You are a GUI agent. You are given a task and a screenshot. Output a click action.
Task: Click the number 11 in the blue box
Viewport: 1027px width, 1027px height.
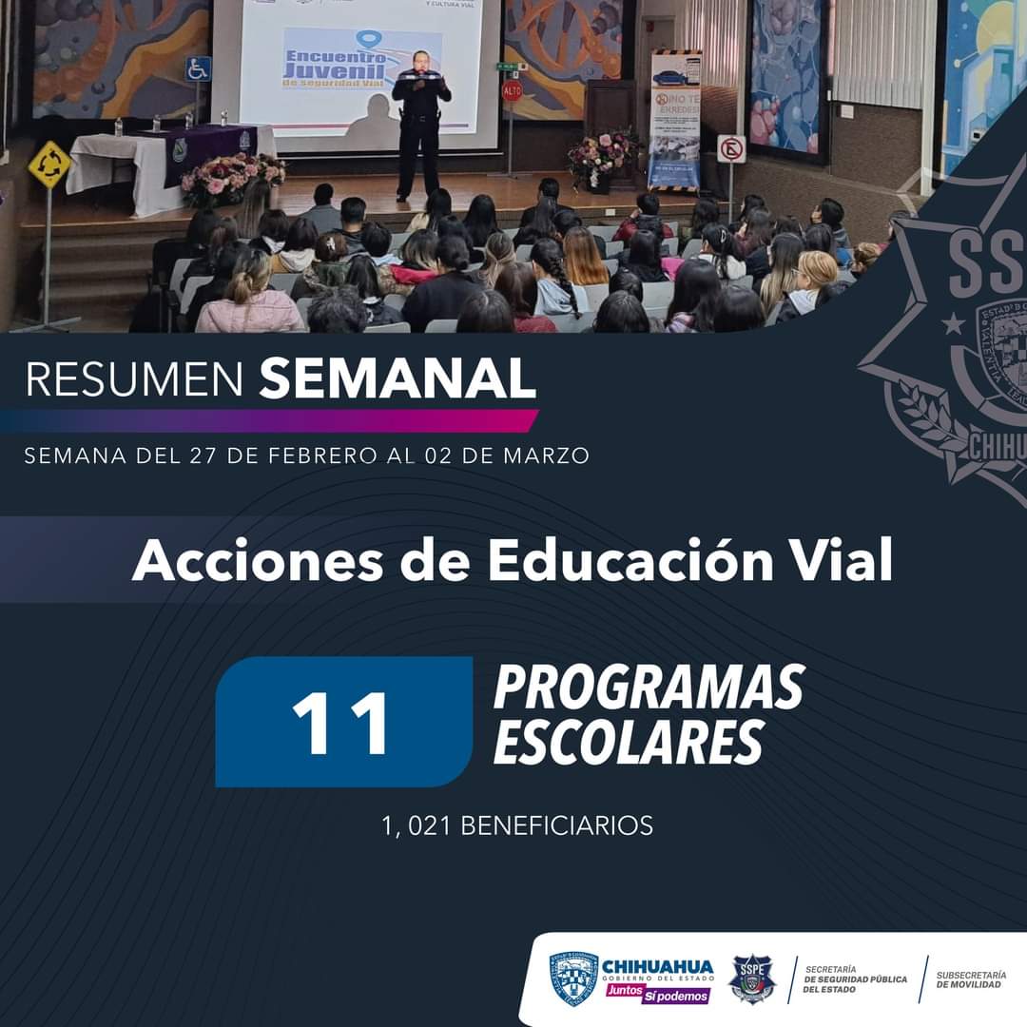click(342, 723)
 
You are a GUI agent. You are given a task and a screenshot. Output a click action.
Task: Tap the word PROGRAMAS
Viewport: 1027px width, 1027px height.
click(649, 688)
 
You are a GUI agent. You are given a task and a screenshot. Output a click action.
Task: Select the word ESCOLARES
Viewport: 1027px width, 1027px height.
click(628, 744)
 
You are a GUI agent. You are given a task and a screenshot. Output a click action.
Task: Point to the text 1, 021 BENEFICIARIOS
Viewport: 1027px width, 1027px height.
click(517, 825)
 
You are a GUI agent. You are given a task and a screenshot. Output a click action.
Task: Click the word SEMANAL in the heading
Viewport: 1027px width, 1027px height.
click(397, 379)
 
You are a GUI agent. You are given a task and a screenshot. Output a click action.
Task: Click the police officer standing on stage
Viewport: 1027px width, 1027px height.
click(419, 124)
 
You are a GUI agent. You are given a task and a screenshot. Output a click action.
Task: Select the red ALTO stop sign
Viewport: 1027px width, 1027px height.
click(513, 91)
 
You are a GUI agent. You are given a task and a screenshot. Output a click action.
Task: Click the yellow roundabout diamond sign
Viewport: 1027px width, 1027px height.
click(48, 165)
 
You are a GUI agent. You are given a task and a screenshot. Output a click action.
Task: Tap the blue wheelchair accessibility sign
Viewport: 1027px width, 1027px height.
click(198, 69)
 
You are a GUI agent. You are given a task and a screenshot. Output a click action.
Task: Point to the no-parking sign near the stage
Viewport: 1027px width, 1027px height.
click(731, 149)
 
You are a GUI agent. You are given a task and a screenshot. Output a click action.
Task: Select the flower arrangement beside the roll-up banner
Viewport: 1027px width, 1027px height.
click(602, 157)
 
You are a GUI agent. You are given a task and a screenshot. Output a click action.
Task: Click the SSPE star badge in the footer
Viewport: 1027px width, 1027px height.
click(752, 979)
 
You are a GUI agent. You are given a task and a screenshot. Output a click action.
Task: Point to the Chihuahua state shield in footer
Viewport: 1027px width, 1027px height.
click(574, 979)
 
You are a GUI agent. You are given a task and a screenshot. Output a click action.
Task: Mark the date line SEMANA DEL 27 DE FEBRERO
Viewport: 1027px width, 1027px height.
click(306, 455)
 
